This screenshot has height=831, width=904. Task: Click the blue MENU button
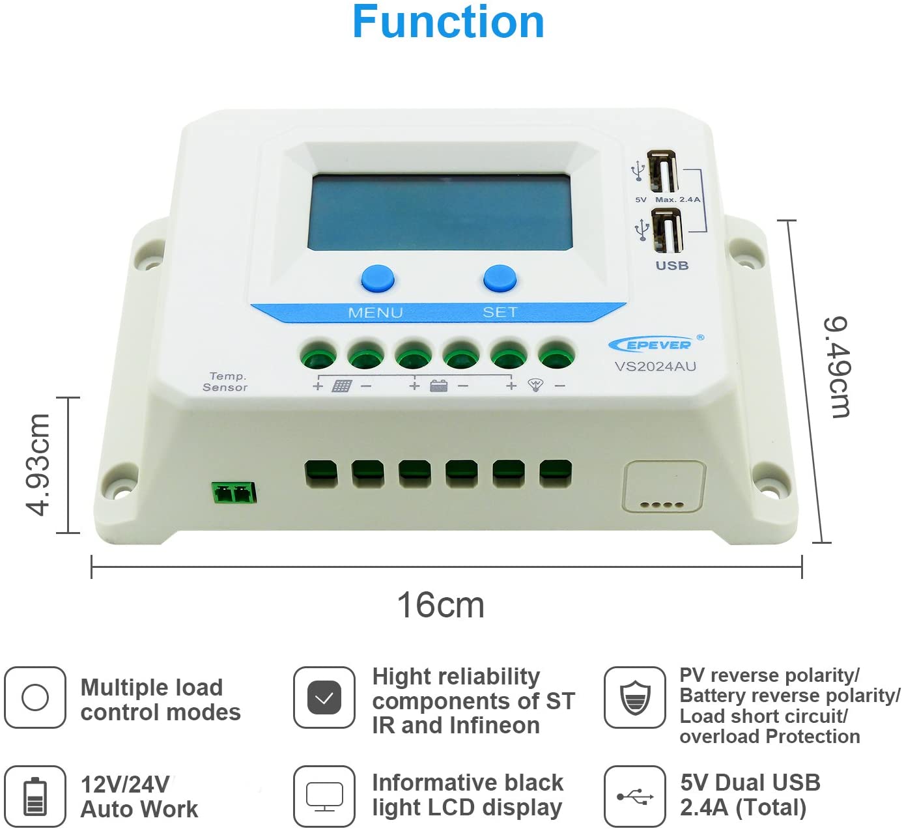(378, 279)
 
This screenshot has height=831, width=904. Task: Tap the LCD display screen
(440, 212)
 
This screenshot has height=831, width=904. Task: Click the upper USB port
(663, 172)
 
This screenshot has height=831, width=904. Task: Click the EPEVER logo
(656, 345)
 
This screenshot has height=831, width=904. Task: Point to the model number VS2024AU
(656, 367)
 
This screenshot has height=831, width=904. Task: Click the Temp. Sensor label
(225, 382)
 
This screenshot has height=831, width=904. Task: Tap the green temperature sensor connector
(234, 493)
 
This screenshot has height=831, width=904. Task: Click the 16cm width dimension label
(441, 605)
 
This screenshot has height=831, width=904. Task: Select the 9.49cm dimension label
(838, 367)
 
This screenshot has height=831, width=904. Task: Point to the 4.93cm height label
(37, 464)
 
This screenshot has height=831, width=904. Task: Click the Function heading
(448, 22)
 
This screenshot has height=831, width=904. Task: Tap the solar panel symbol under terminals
(341, 386)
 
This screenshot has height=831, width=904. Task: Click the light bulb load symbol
(535, 385)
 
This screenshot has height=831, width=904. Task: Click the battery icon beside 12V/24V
(35, 796)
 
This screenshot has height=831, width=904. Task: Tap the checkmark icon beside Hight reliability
(324, 697)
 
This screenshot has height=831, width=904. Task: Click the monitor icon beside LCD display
(324, 796)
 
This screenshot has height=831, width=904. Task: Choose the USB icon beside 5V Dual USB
(634, 796)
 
